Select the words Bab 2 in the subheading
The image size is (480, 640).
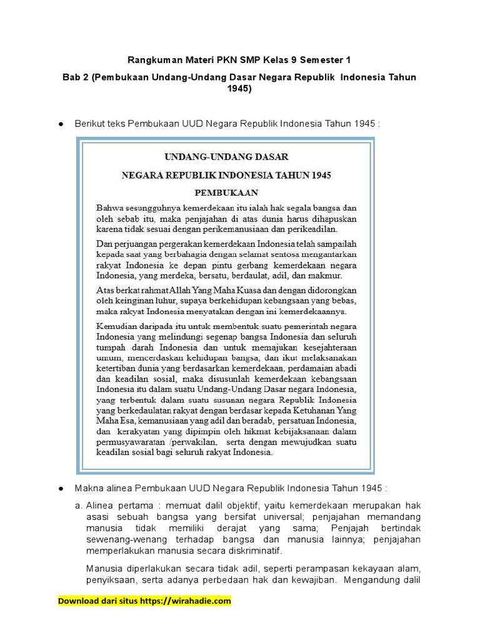tap(76, 77)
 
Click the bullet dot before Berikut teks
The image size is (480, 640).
tap(61, 124)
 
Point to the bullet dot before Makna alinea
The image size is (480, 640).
tap(61, 487)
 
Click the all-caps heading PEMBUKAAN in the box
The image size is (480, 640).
tap(226, 192)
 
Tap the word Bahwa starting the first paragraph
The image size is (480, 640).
tap(109, 207)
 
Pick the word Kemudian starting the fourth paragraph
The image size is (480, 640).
tap(117, 325)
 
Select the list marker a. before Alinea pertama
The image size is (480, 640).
tap(78, 505)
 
